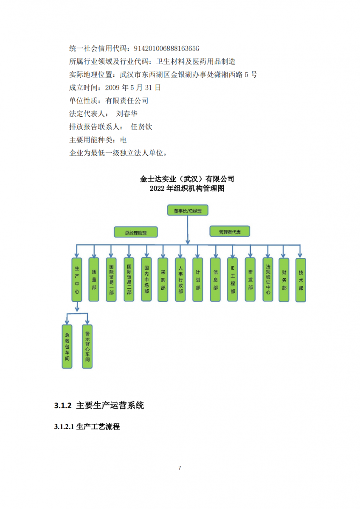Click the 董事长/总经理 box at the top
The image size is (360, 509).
(188, 210)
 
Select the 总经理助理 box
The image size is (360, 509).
(136, 232)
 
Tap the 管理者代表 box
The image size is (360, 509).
(230, 231)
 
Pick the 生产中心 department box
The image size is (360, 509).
(77, 280)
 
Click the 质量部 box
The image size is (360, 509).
(94, 280)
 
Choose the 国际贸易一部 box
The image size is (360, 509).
(111, 280)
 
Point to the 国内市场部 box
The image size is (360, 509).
(146, 280)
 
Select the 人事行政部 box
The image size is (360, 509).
(180, 280)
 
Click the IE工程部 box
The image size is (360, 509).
(232, 280)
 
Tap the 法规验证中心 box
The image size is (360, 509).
(268, 280)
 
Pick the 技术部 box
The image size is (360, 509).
(301, 280)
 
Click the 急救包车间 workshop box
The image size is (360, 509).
(67, 346)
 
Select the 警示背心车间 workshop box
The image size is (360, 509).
(87, 346)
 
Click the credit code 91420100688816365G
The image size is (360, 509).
(166, 48)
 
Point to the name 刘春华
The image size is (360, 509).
(127, 114)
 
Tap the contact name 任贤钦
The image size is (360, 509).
(141, 127)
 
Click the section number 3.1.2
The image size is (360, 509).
(63, 406)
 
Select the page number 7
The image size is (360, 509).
(180, 467)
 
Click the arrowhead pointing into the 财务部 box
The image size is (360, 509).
(283, 255)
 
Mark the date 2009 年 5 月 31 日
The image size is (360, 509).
(133, 87)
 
